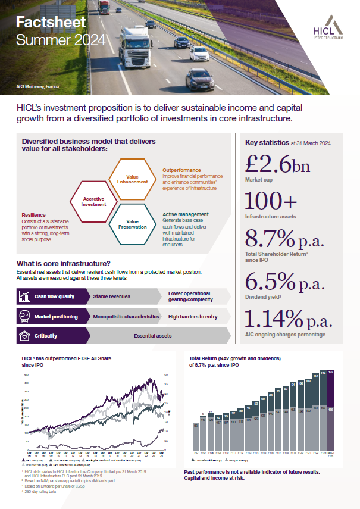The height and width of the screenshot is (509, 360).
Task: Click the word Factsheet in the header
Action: [x=51, y=23]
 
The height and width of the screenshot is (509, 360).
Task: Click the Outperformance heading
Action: [x=181, y=170]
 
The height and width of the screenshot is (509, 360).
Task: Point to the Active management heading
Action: [x=185, y=214]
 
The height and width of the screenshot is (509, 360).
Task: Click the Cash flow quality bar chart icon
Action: [x=24, y=296]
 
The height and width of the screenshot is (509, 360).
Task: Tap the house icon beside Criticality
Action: [x=24, y=336]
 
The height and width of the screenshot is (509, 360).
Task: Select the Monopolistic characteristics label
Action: [x=126, y=317]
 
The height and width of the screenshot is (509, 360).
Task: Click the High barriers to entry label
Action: [x=193, y=317]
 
